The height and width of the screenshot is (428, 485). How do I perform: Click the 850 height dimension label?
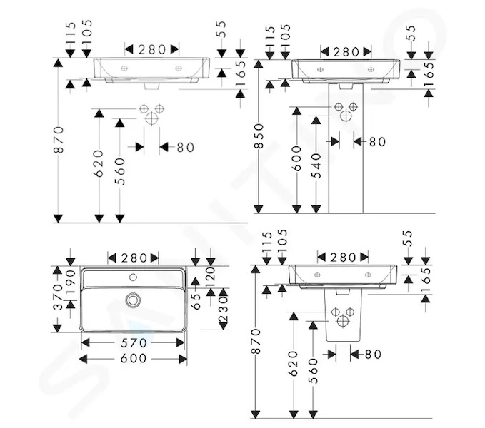point(259,136)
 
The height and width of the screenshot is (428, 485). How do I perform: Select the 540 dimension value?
point(316,165)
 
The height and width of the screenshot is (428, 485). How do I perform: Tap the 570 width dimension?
point(134,342)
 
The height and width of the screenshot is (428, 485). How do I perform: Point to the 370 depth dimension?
point(58,297)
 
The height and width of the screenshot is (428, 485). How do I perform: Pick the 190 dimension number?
point(71,282)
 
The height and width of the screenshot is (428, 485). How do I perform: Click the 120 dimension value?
point(210,277)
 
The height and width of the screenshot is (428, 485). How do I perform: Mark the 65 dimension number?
point(196,301)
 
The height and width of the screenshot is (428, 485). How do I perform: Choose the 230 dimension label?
point(224,309)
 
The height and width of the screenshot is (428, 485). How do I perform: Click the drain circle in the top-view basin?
point(134,300)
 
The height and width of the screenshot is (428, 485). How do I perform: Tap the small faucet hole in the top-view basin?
point(134,277)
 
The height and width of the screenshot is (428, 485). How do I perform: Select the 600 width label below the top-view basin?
point(134,358)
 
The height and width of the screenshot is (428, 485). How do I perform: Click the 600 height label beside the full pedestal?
point(296,158)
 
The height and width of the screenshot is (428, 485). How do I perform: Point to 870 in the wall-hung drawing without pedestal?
point(58,140)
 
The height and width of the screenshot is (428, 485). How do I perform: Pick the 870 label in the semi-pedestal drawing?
point(256,341)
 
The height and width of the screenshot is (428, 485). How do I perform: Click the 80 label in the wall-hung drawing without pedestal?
point(186,147)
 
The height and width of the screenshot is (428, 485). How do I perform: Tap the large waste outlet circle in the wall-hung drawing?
point(151,118)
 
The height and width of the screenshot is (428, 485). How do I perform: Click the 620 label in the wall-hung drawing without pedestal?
point(99,163)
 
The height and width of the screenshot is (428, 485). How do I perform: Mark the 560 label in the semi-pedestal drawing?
point(313,370)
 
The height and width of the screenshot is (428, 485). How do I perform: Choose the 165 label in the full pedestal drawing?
point(429,75)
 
